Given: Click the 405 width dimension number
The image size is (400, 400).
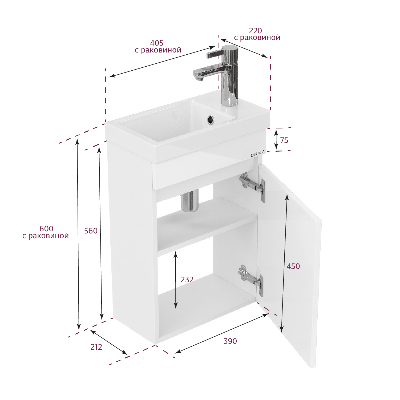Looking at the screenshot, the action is [157, 43].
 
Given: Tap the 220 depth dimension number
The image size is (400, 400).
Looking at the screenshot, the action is [255, 31].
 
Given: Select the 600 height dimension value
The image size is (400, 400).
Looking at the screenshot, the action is [46, 229].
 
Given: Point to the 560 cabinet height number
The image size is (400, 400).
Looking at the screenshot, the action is [91, 231].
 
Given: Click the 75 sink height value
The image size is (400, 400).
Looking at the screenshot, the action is [284, 140].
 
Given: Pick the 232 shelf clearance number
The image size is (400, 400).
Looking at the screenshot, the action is [187, 280].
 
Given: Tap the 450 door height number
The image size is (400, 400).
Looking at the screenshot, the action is [293, 266].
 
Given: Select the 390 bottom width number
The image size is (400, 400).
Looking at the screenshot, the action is [230, 341].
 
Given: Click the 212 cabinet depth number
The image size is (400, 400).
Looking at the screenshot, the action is [96, 347].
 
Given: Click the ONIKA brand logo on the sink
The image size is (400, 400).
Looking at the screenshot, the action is [258, 153].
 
